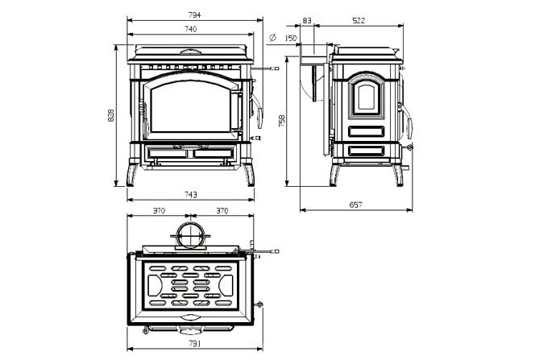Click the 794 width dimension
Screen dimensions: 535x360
194,15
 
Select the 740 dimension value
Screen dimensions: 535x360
191,29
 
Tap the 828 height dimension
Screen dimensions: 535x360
111,115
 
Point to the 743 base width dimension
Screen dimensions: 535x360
191,195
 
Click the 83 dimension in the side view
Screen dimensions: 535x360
307,20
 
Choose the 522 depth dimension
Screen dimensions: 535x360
359,20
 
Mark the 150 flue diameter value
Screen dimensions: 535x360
291,38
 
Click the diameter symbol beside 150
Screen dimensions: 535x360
272,38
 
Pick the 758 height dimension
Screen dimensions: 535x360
282,121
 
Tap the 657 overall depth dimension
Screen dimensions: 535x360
356,205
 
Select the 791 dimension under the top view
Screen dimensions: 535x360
194,344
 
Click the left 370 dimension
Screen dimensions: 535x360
159,211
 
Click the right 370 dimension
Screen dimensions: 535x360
222,211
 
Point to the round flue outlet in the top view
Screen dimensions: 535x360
190,235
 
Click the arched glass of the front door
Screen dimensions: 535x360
191,106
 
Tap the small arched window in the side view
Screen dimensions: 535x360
366,97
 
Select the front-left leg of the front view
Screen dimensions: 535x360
132,175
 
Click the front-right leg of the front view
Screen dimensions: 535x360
250,175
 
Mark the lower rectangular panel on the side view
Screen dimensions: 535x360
367,151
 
